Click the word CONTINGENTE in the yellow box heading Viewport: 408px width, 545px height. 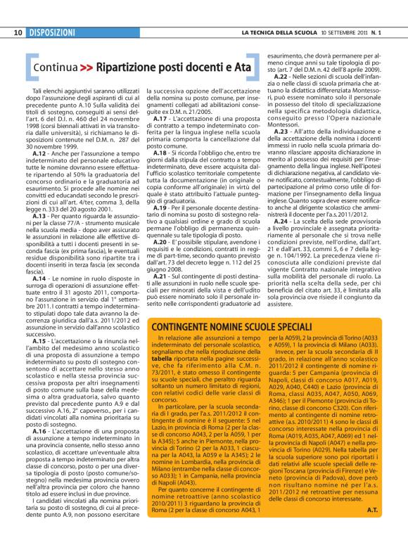[x=184, y=327]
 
